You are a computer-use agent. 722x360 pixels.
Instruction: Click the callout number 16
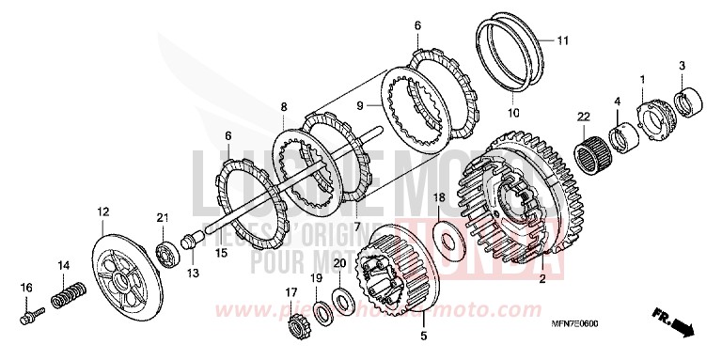click(x=27, y=287)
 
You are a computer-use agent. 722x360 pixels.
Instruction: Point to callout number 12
click(x=102, y=213)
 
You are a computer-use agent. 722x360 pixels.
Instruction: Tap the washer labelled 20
click(x=342, y=299)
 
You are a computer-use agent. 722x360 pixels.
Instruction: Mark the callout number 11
click(x=562, y=40)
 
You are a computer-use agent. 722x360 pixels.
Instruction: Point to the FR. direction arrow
click(x=676, y=326)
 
